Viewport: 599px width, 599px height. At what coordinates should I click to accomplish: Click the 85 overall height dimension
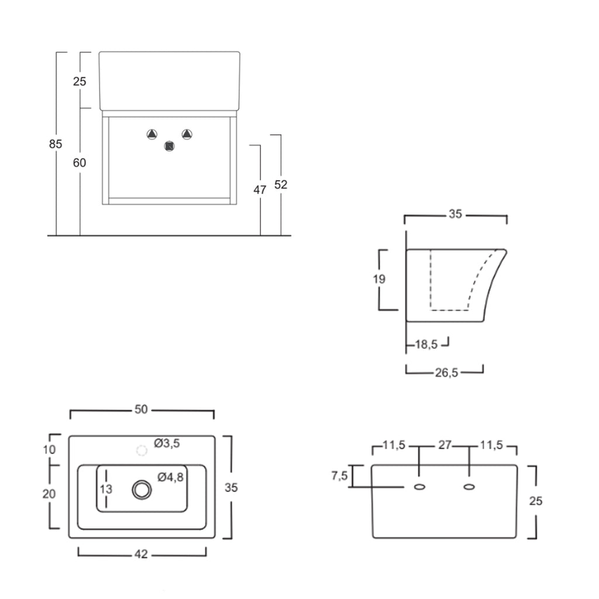[56, 144]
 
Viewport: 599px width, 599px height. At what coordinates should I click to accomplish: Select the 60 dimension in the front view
[80, 163]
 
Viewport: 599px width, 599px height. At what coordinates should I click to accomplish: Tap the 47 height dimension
[260, 190]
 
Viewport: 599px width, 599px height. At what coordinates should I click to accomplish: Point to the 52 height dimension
[281, 184]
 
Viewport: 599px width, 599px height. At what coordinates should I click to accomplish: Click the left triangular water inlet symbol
[152, 135]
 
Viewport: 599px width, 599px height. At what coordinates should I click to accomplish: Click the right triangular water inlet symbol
[187, 134]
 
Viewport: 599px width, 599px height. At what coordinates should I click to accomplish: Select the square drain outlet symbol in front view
[170, 146]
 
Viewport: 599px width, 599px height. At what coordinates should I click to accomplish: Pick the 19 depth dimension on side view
[379, 279]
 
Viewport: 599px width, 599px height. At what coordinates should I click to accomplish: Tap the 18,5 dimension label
[426, 345]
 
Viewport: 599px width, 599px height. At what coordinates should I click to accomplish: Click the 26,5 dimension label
[446, 373]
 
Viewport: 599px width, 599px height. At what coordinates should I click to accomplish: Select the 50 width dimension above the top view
[141, 409]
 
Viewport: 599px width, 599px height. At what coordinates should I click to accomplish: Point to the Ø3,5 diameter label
[167, 443]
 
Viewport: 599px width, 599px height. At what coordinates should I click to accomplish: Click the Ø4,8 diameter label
[171, 477]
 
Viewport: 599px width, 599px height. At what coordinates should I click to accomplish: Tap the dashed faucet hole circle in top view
[141, 450]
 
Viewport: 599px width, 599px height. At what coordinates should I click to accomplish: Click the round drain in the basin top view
[142, 490]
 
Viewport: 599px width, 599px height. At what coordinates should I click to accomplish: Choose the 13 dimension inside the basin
[105, 489]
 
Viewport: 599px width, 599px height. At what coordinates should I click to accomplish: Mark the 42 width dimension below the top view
[141, 554]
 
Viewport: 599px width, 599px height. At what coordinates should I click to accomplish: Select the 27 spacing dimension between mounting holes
[445, 445]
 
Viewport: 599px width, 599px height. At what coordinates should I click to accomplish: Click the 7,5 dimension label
[339, 476]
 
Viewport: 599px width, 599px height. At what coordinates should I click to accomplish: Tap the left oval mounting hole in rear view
[419, 487]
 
